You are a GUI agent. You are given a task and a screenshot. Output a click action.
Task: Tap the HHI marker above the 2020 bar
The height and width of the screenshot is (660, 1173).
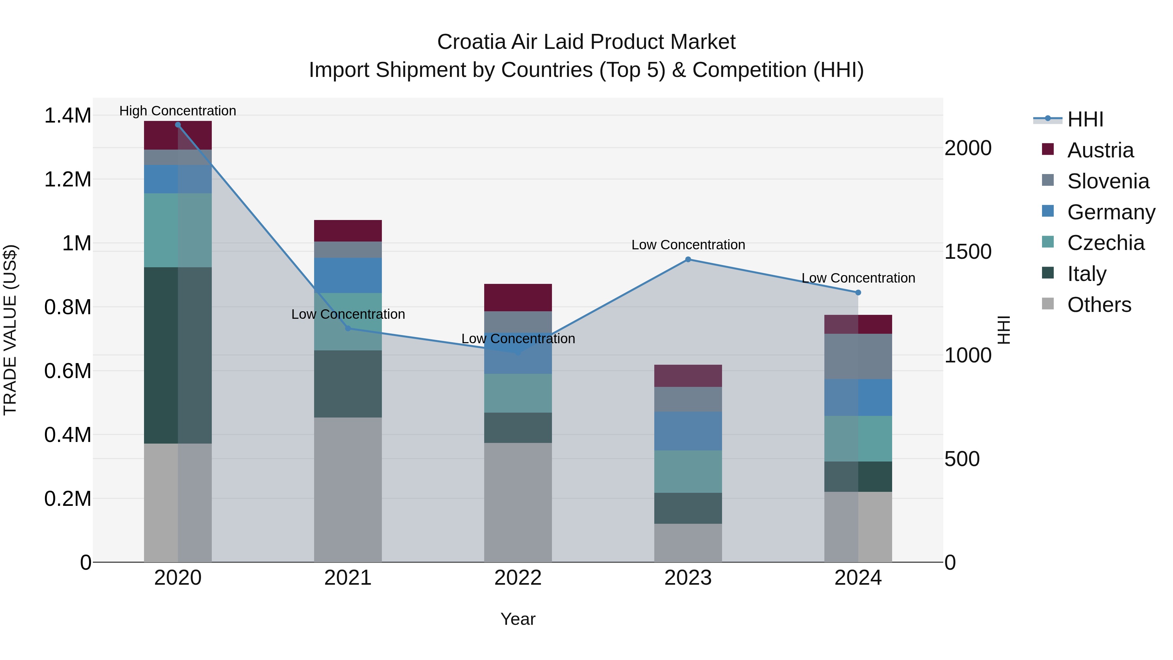(178, 125)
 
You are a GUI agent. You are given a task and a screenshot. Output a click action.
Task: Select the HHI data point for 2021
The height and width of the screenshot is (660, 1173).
(348, 328)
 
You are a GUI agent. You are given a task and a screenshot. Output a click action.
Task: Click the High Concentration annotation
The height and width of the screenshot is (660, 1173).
(178, 111)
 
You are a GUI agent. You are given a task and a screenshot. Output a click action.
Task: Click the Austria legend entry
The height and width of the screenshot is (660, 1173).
(1100, 150)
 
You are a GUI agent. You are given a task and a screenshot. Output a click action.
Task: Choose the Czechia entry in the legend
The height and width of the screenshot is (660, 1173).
(1105, 243)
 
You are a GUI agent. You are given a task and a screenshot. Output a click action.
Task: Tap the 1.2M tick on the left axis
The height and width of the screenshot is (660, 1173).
(67, 180)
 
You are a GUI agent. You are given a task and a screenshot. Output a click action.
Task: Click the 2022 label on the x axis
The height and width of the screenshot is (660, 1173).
(518, 578)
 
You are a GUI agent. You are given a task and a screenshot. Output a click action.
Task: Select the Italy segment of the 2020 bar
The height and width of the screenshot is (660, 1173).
(178, 355)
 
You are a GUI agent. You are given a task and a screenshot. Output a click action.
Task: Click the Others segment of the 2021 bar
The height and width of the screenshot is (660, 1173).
(348, 490)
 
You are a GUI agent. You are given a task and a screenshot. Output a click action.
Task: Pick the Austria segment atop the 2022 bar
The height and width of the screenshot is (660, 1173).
(518, 298)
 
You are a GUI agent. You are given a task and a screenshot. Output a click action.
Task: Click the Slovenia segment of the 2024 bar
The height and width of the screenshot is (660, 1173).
(858, 356)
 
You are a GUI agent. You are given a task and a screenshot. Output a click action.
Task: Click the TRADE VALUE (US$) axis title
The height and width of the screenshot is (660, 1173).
(10, 330)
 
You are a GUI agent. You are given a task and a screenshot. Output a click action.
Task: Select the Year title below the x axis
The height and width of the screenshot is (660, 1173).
(518, 619)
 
